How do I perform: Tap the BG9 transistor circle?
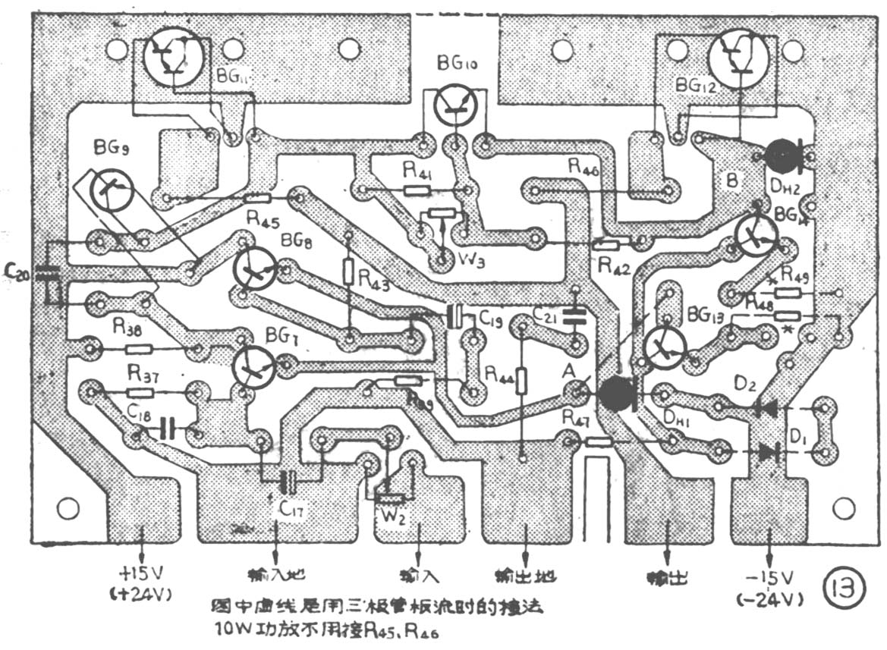111,190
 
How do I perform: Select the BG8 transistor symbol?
255,268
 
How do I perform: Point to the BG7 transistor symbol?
254,366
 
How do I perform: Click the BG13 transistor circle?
665,347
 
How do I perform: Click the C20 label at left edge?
17,272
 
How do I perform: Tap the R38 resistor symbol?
139,350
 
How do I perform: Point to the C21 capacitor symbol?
574,316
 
